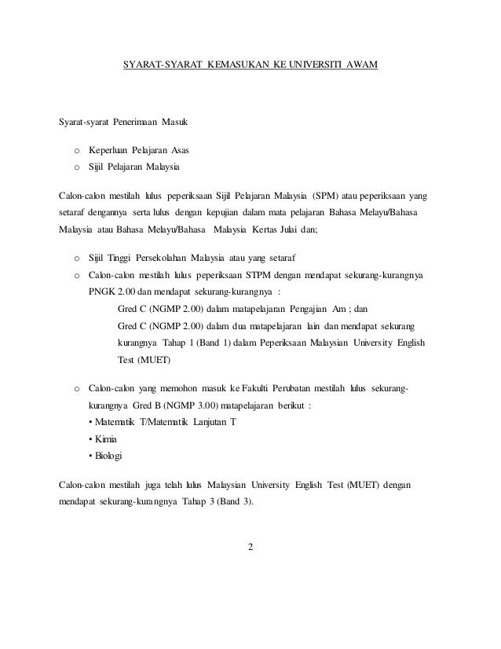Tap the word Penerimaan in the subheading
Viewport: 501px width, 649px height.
(133, 123)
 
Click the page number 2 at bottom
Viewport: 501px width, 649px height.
(250, 548)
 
